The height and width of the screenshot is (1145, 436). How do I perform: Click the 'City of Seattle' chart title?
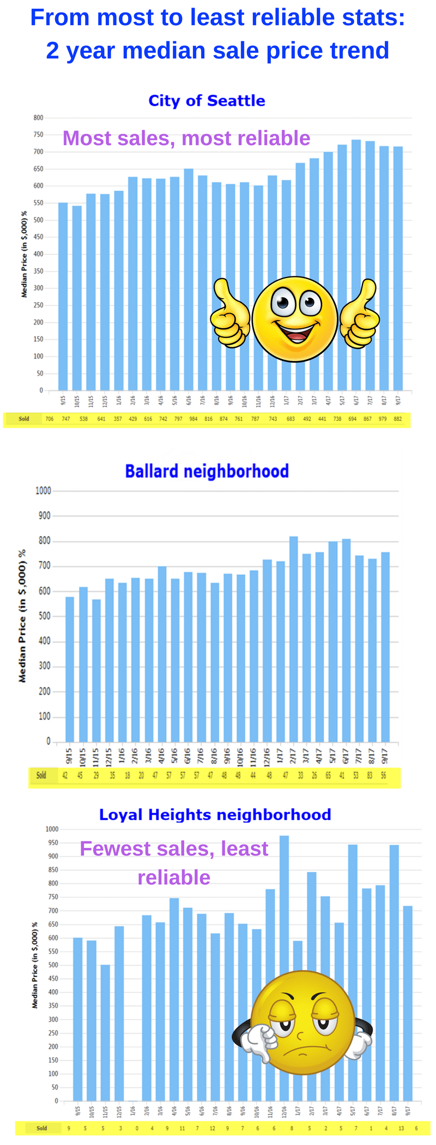pyautogui.click(x=207, y=101)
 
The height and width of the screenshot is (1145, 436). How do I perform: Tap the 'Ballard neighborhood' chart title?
pyautogui.click(x=207, y=471)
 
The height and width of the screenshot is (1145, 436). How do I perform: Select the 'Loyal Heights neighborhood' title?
pyautogui.click(x=215, y=815)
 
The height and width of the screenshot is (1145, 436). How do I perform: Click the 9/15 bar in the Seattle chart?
pyautogui.click(x=63, y=297)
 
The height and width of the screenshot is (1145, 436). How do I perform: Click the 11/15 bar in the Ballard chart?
pyautogui.click(x=96, y=671)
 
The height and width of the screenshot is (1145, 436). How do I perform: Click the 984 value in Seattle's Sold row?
pyautogui.click(x=193, y=419)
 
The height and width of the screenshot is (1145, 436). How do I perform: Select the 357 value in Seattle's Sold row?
pyautogui.click(x=118, y=419)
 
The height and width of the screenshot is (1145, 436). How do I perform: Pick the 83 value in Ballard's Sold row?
pyautogui.click(x=370, y=775)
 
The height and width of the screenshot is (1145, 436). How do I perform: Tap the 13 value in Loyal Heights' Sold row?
pyautogui.click(x=401, y=1128)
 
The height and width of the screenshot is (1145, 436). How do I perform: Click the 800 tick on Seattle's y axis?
pyautogui.click(x=38, y=118)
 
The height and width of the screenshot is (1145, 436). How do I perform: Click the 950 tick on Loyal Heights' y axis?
pyautogui.click(x=53, y=843)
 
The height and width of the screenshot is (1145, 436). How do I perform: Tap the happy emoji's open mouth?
pyautogui.click(x=296, y=332)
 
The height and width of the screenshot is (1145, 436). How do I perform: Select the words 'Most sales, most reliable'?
pyautogui.click(x=186, y=138)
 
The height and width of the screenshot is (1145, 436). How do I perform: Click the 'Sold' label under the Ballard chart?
pyautogui.click(x=41, y=775)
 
